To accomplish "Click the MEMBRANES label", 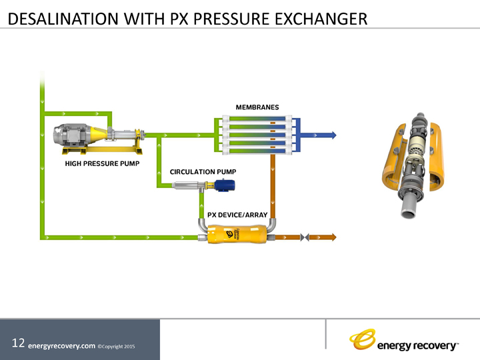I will (x=257, y=107).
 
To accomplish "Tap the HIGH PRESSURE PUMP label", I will (x=101, y=163).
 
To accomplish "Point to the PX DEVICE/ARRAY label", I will (x=237, y=215).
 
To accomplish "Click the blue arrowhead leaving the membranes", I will (x=331, y=135).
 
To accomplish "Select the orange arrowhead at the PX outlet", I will (x=332, y=237).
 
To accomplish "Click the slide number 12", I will (x=18, y=343).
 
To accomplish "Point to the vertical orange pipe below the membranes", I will (x=272, y=187).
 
